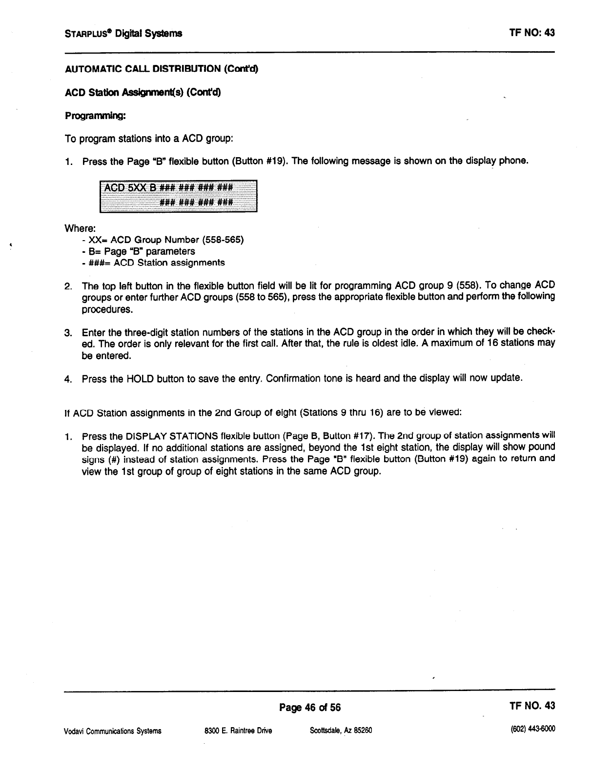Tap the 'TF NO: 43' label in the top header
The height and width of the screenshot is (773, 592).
(531, 33)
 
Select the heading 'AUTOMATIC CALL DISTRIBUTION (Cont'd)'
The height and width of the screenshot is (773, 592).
(161, 69)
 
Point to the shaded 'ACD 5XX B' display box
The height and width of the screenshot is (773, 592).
(178, 196)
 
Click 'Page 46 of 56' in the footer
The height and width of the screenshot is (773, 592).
(310, 707)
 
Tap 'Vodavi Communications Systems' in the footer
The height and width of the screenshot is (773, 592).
(113, 731)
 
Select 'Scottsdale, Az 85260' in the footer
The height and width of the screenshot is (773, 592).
(341, 731)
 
